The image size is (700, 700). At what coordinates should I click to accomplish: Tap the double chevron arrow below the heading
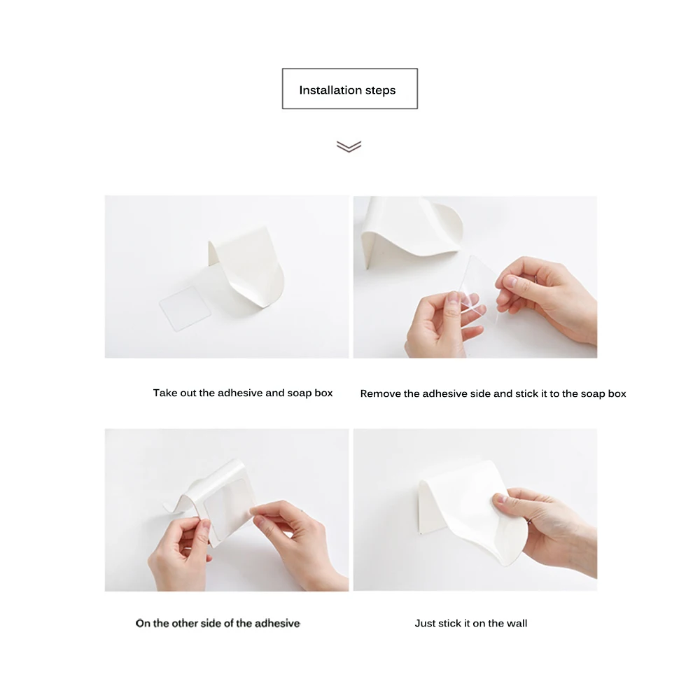click(349, 146)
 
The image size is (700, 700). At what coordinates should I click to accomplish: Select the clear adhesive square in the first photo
click(185, 308)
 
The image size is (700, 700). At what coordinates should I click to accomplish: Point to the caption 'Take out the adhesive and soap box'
click(243, 393)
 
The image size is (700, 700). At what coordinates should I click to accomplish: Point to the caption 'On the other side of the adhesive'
click(218, 623)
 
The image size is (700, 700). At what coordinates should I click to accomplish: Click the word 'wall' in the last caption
click(517, 623)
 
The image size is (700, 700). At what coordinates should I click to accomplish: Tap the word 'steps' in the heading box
click(380, 90)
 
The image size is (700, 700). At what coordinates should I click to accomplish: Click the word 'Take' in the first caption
click(162, 393)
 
